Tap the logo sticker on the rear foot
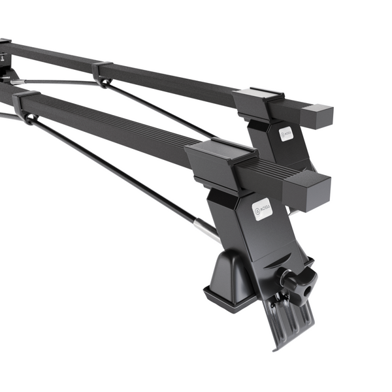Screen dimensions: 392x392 coord(287,134)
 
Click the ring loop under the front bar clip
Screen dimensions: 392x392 coord(29,120)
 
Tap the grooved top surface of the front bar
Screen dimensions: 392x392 coord(118,121)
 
